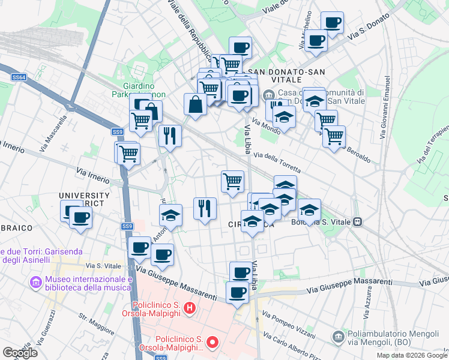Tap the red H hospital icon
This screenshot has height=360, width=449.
click(190, 309)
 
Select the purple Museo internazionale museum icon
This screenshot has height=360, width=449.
click(35, 281)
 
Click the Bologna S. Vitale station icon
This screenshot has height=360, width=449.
click(358, 221)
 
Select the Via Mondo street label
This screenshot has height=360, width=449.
click(266, 127)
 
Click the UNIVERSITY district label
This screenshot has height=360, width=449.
click(84, 196)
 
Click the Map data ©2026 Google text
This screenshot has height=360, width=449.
click(412, 355)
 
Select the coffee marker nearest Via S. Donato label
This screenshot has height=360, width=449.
click(331, 22)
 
